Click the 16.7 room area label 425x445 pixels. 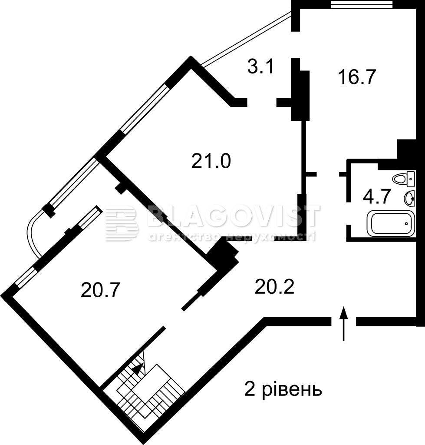[357, 77]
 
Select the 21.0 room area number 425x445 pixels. [211, 161]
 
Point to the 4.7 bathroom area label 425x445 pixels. [377, 196]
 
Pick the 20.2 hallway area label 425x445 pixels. [274, 287]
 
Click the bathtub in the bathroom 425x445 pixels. [391, 223]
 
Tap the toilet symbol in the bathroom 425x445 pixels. [404, 179]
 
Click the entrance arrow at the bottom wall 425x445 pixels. [344, 323]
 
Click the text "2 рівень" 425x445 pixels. [283, 390]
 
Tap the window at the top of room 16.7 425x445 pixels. [362, 4]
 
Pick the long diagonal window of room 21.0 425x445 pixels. [145, 109]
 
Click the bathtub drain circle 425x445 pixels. [407, 223]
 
